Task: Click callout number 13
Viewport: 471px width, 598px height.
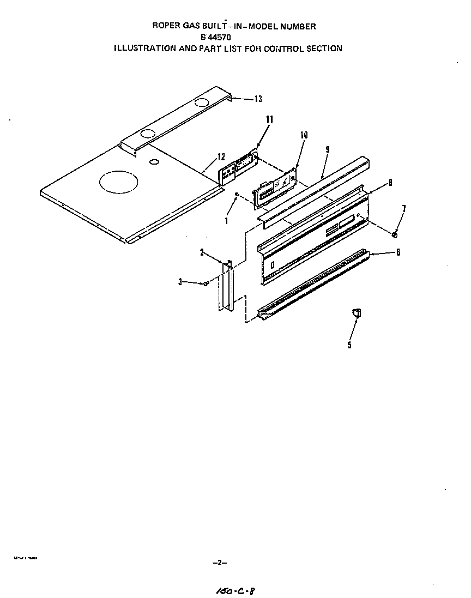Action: [x=258, y=99]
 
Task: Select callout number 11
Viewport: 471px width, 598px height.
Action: [x=269, y=119]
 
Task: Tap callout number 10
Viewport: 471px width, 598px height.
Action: [x=304, y=135]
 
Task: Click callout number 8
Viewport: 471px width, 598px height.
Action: [x=390, y=183]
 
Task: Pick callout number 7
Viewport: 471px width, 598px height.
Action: [x=403, y=208]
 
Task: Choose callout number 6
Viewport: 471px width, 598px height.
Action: [x=398, y=252]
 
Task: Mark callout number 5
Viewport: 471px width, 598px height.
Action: [x=349, y=345]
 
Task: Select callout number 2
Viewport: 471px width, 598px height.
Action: [x=202, y=252]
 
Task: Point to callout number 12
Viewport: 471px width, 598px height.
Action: [x=221, y=156]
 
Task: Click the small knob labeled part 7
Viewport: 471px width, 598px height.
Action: [x=394, y=234]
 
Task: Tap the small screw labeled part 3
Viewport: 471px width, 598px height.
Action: [x=206, y=283]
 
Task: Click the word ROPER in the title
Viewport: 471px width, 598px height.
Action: [x=165, y=26]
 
